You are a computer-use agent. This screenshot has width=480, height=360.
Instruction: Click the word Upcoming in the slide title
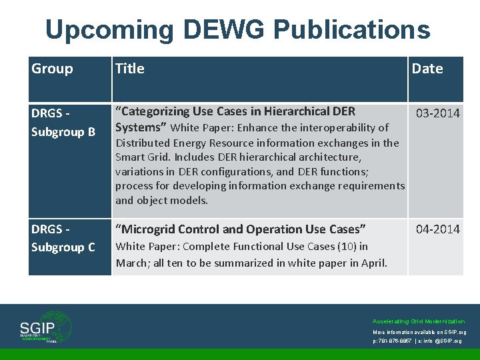[x=108, y=30]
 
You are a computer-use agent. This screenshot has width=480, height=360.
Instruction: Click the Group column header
[x=52, y=69]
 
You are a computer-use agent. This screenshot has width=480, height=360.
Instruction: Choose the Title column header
[x=129, y=69]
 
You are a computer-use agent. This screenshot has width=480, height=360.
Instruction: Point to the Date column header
[x=427, y=69]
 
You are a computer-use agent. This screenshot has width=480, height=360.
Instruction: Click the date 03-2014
[x=437, y=113]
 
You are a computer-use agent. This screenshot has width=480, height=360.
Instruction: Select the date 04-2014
[x=437, y=229]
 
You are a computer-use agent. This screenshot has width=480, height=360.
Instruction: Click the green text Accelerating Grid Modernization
[x=419, y=321]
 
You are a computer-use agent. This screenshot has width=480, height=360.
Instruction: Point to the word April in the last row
[x=371, y=263]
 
